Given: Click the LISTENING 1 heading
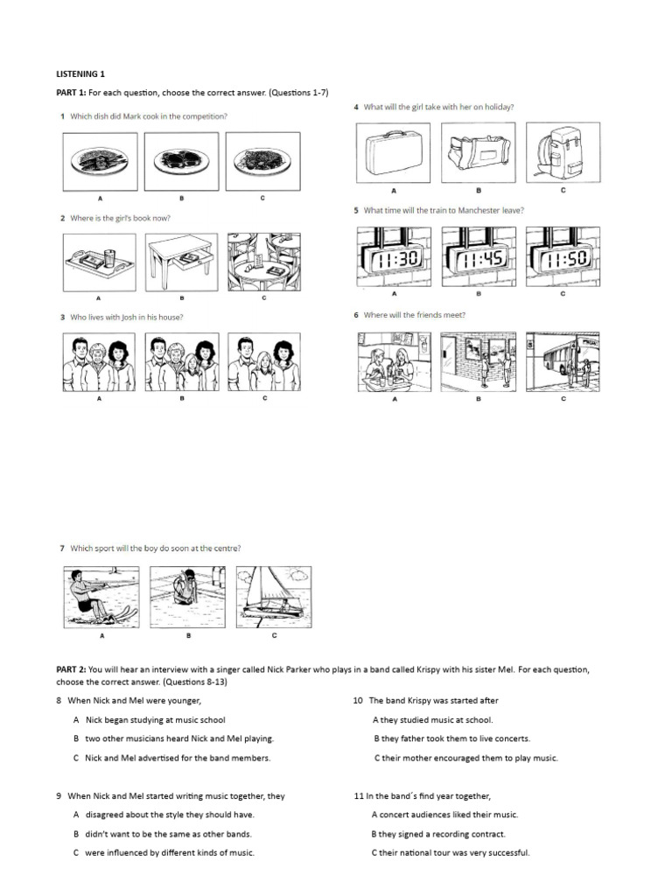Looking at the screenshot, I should (x=80, y=74).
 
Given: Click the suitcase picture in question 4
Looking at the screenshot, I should (x=393, y=154).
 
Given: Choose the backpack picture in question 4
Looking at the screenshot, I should (x=563, y=154).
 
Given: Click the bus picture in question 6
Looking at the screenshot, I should (x=563, y=362).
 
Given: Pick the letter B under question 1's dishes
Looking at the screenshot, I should (x=183, y=199).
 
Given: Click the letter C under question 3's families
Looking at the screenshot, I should (x=264, y=398).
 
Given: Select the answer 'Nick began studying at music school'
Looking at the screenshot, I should (x=155, y=719).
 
